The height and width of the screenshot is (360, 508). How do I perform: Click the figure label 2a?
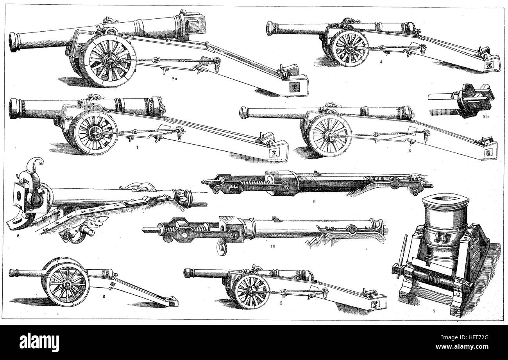(174, 79)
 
